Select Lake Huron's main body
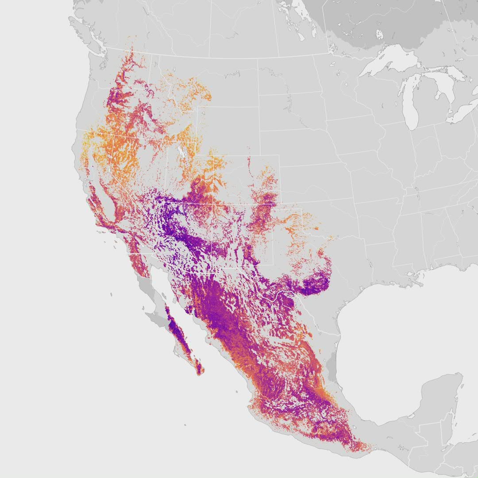coord(444,87)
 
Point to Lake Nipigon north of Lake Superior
coord(379,35)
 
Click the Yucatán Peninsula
coord(443,394)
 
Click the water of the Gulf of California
coord(177,310)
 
